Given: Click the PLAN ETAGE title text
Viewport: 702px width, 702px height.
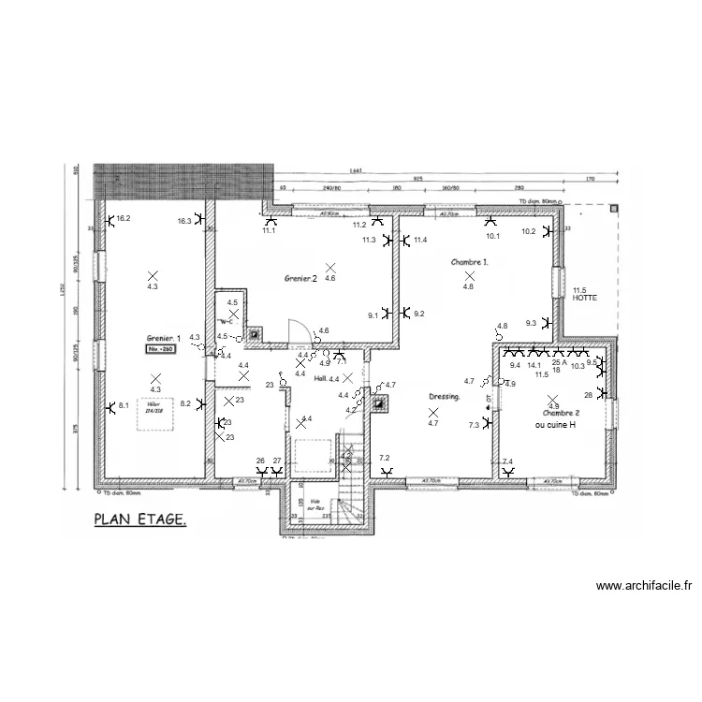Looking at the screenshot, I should point(139,519).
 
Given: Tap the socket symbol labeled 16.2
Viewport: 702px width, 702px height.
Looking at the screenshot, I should point(110,221).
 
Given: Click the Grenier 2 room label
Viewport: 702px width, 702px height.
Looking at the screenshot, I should point(300,279).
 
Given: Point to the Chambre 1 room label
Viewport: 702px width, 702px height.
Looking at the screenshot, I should point(469,263).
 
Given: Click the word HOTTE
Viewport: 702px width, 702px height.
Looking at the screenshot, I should point(585,298).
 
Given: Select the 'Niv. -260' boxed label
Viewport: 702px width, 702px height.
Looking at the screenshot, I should point(160,348).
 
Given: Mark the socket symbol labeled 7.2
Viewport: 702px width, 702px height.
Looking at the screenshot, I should point(385,472).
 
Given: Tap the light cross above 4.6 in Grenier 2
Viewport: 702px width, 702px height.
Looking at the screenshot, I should point(329,267).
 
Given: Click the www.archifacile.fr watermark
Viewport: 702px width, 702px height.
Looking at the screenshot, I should point(646,587).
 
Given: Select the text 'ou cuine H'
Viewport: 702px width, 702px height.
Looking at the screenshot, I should point(555,424).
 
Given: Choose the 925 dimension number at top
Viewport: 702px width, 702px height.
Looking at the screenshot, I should point(417,178).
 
